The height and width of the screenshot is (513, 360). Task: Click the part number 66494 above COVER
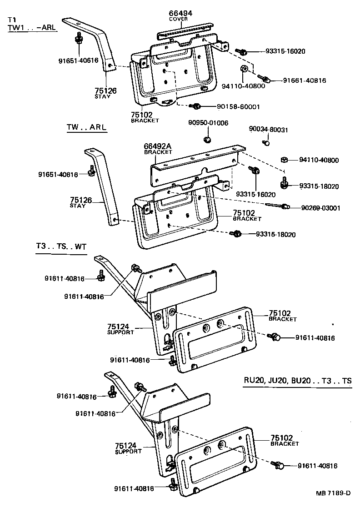pyautogui.click(x=180, y=14)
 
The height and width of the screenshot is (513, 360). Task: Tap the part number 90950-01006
pyautogui.click(x=208, y=123)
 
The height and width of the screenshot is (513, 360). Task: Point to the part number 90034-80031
pyautogui.click(x=268, y=130)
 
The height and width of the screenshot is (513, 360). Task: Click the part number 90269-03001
pyautogui.click(x=320, y=208)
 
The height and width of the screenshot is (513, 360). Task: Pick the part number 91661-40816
pyautogui.click(x=304, y=80)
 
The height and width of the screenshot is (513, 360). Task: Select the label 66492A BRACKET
pyautogui.click(x=158, y=149)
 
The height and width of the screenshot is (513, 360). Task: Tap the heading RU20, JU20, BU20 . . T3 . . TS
pyautogui.click(x=297, y=381)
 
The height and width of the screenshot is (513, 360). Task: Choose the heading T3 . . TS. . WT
pyautogui.click(x=61, y=246)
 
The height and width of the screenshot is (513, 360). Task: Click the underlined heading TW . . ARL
pyautogui.click(x=86, y=127)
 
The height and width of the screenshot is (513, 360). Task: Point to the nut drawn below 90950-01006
pyautogui.click(x=207, y=139)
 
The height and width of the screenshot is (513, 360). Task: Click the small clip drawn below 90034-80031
pyautogui.click(x=267, y=143)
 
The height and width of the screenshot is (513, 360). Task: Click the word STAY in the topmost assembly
pyautogui.click(x=102, y=97)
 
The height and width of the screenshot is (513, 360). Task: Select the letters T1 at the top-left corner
pyautogui.click(x=12, y=20)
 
